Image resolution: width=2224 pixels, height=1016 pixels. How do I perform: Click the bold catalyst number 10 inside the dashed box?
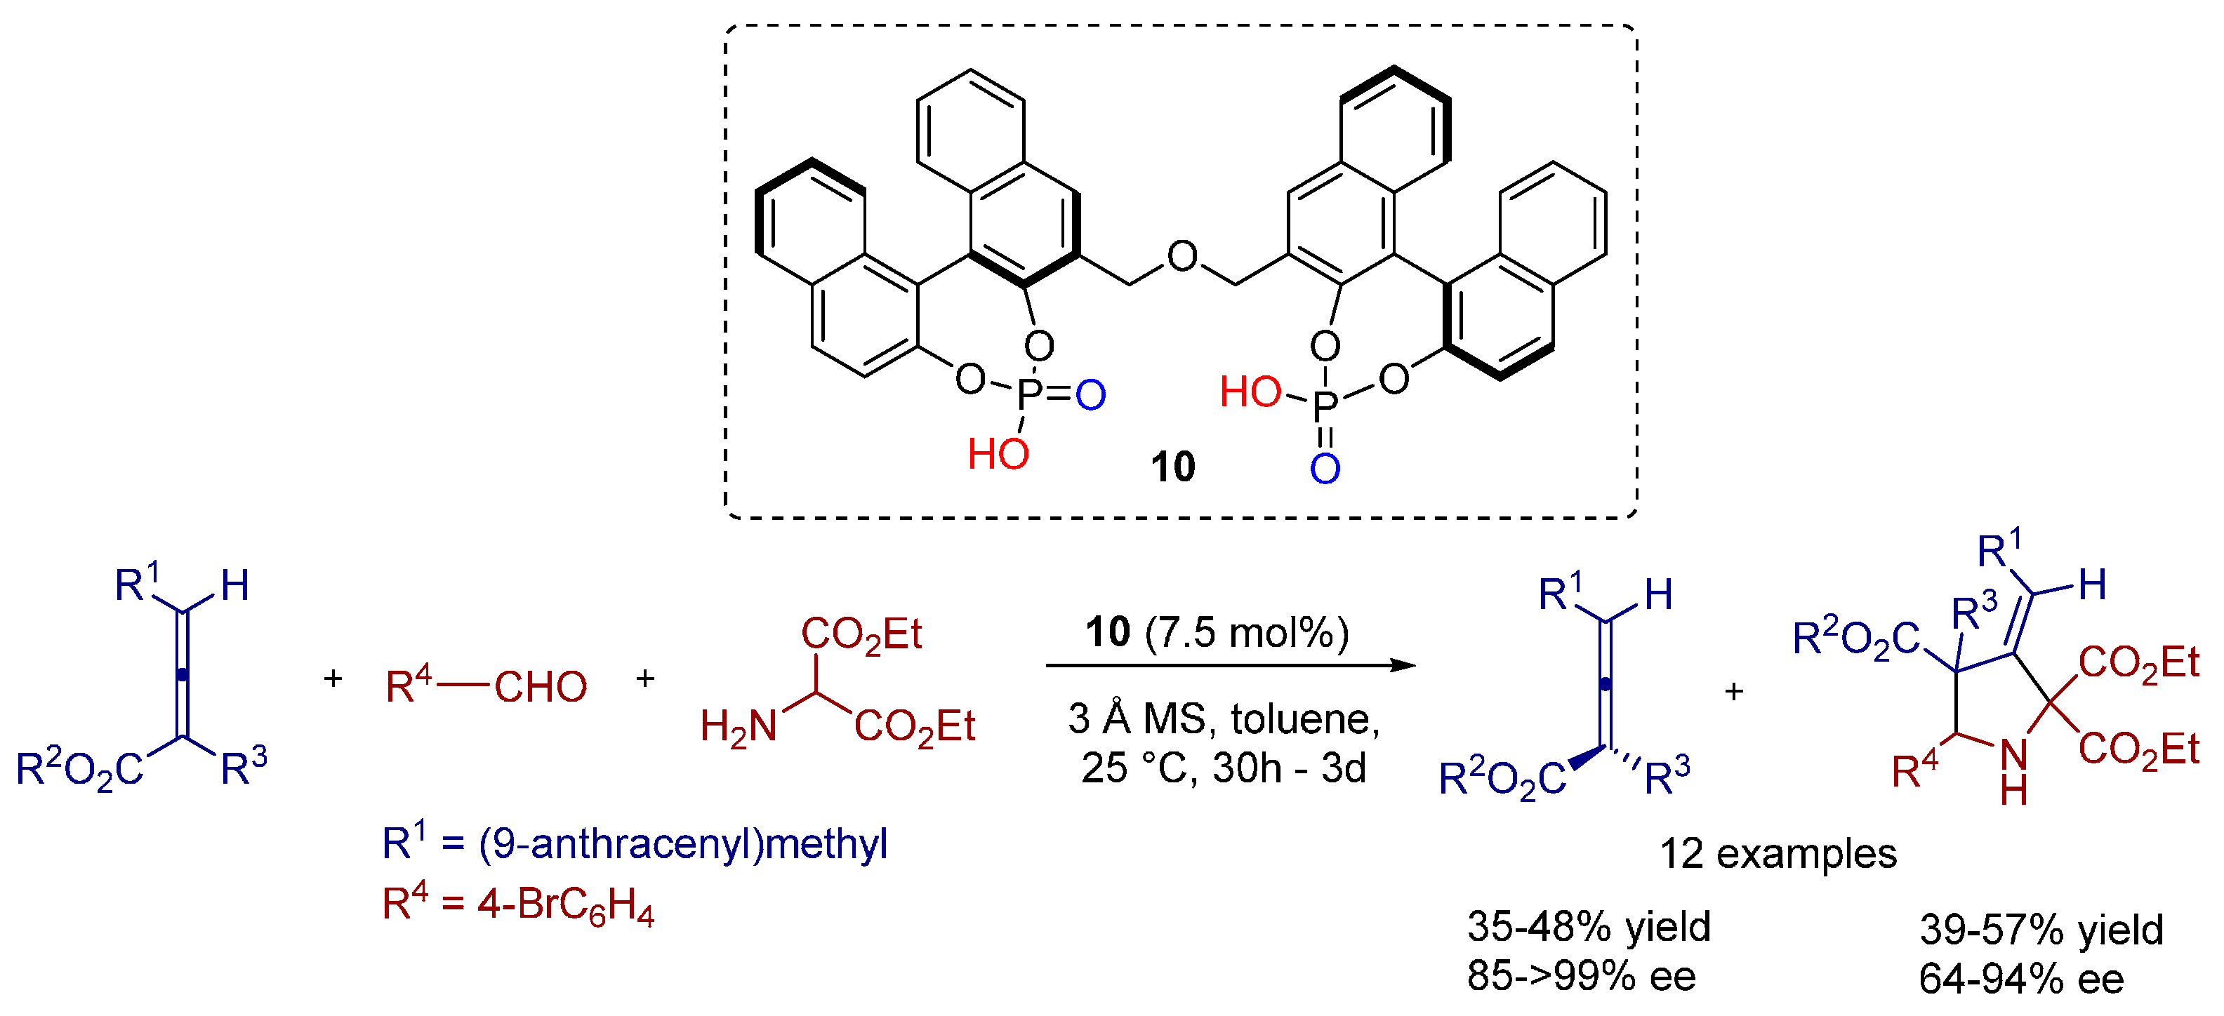pyautogui.click(x=1172, y=467)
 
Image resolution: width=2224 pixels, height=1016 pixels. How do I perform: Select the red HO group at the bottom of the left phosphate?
pyautogui.click(x=998, y=454)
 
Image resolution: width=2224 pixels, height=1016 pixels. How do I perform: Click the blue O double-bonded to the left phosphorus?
pyautogui.click(x=1090, y=395)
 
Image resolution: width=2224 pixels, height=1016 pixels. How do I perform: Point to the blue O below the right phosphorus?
pyautogui.click(x=1325, y=469)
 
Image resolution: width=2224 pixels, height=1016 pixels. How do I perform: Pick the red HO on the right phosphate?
pyautogui.click(x=1250, y=393)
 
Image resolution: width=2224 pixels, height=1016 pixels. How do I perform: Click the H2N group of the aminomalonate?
pyautogui.click(x=738, y=727)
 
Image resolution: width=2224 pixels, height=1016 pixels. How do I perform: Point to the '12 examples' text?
pyautogui.click(x=1778, y=854)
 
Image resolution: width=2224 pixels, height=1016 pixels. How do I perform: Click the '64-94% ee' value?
pyautogui.click(x=2020, y=979)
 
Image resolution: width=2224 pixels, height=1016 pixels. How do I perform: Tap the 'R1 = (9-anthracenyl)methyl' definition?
pyautogui.click(x=635, y=843)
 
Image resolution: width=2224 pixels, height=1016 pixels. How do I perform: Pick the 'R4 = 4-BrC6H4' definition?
pyautogui.click(x=518, y=904)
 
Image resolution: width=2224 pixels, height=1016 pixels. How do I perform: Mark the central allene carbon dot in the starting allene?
pyautogui.click(x=182, y=674)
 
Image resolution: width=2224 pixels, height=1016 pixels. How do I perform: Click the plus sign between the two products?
pyautogui.click(x=1733, y=691)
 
